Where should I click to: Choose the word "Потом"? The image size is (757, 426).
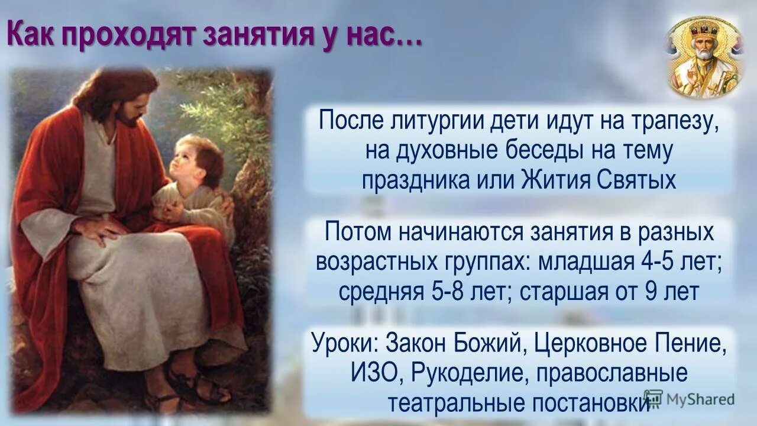[x=358, y=233]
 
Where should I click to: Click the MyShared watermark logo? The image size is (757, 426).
[x=689, y=398]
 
